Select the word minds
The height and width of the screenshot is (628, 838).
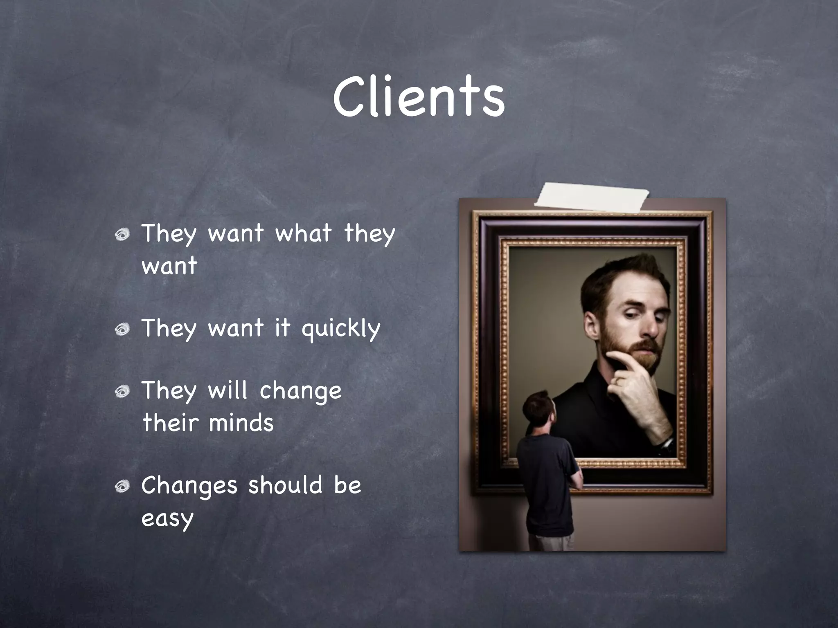click(241, 423)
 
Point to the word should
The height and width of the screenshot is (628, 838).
click(285, 485)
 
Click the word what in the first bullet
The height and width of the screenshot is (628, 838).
click(303, 233)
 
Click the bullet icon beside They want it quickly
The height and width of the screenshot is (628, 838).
click(122, 329)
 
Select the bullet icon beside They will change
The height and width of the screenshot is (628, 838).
click(122, 392)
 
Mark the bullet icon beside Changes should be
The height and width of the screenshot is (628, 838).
click(122, 487)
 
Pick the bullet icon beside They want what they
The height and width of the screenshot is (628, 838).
click(122, 235)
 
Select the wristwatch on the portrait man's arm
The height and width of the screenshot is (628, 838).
click(666, 446)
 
